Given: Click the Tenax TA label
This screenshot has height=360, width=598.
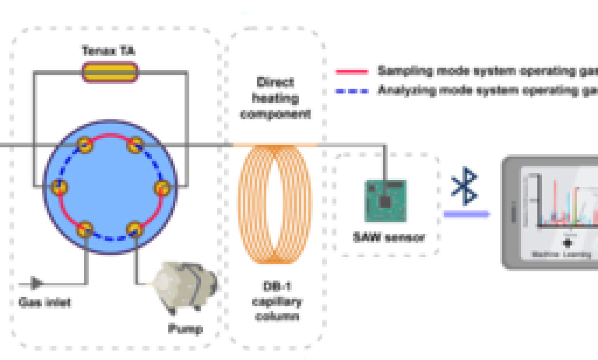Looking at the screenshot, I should click(x=109, y=51).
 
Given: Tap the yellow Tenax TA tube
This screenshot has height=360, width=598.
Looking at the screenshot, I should click(x=110, y=72).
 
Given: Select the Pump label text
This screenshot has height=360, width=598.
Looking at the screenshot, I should click(x=185, y=329).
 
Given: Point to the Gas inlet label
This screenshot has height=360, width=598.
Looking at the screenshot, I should click(x=45, y=302).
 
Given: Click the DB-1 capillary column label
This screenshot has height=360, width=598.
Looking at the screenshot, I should click(x=277, y=302).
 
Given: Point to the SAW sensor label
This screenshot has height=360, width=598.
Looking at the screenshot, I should click(x=389, y=237).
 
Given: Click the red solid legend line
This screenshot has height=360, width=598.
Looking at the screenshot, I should click(x=352, y=72).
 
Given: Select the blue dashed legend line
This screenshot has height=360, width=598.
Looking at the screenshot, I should click(x=352, y=90).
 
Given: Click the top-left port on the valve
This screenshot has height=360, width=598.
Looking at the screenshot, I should click(x=85, y=145).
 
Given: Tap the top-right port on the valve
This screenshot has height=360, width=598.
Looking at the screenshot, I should click(x=136, y=145).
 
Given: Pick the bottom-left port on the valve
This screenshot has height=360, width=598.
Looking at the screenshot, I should click(x=85, y=230).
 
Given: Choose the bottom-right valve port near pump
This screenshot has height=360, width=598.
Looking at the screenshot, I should click(x=135, y=230).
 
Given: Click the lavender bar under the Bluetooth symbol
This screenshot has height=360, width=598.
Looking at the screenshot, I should click(x=466, y=214).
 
